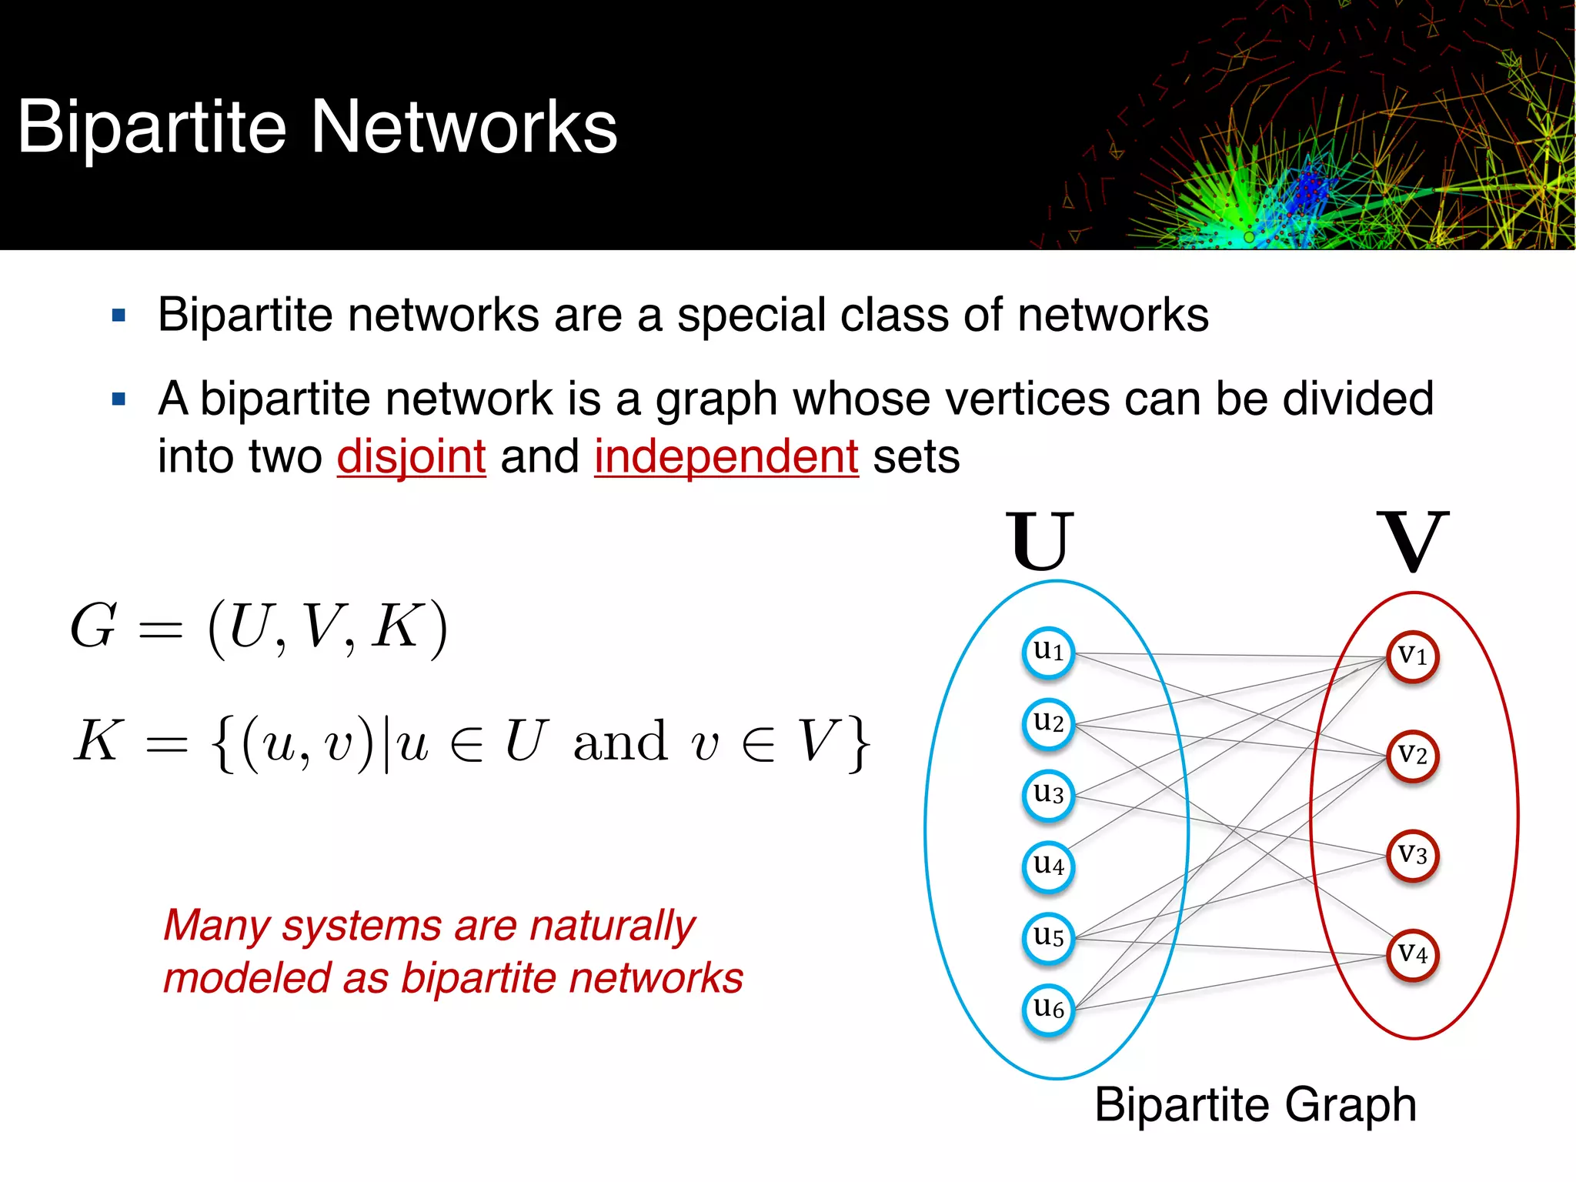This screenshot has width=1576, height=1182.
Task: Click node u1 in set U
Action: click(x=1048, y=653)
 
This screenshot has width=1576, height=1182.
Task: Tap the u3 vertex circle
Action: click(x=1048, y=795)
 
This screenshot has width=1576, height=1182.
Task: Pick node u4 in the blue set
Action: click(x=1048, y=866)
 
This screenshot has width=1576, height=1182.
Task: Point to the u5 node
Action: click(x=1048, y=938)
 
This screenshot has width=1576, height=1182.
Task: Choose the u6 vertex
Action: click(x=1048, y=1009)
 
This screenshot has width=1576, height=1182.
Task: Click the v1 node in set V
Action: click(x=1412, y=656)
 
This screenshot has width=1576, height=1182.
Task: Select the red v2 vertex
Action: click(x=1412, y=756)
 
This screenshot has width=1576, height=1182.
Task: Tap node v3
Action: click(x=1412, y=856)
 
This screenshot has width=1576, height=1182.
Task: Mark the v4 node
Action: click(x=1412, y=955)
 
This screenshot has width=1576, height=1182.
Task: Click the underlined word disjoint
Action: click(x=411, y=456)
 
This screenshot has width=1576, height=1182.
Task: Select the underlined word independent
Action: click(x=726, y=456)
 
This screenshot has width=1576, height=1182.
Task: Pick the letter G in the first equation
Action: click(x=94, y=626)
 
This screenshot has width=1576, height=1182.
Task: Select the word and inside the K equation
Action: click(x=620, y=743)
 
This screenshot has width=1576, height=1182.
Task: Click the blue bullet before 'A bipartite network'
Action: click(x=119, y=399)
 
